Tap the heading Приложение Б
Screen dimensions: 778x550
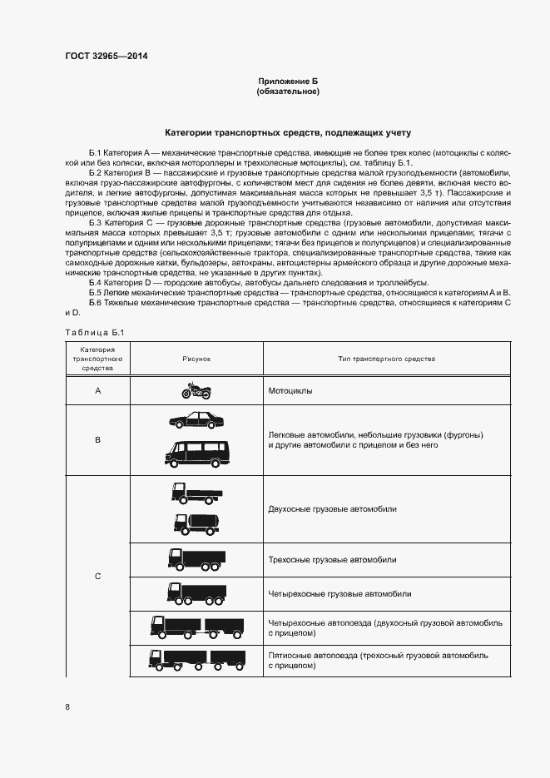click(288, 81)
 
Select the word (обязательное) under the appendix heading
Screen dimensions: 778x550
click(288, 91)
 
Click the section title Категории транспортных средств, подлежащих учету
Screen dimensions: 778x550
click(288, 132)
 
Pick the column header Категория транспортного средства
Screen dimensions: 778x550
click(97, 358)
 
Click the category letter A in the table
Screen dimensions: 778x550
click(97, 389)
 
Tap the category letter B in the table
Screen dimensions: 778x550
click(97, 439)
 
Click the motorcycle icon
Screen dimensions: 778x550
click(198, 389)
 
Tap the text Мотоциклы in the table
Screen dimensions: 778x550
click(290, 389)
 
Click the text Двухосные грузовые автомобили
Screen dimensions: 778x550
click(332, 508)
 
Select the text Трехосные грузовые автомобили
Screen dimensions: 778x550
click(332, 560)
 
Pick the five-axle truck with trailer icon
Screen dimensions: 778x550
click(197, 660)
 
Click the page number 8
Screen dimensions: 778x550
click(67, 707)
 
